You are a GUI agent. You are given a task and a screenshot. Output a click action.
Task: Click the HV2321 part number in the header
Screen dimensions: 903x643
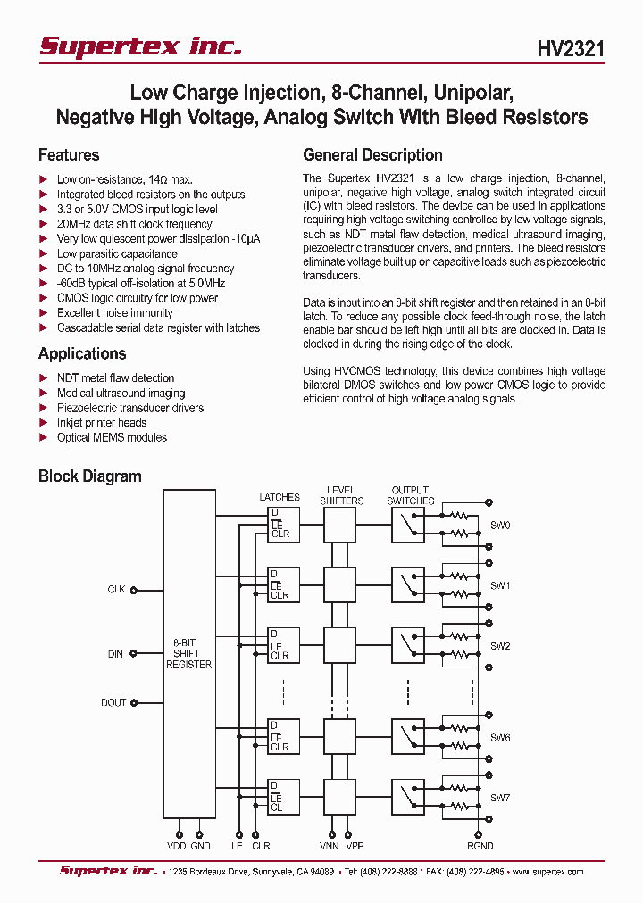pos(571,48)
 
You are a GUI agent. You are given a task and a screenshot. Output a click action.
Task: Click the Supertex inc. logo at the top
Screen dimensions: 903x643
pos(140,46)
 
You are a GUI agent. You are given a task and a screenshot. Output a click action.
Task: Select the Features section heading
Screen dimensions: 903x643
pos(69,154)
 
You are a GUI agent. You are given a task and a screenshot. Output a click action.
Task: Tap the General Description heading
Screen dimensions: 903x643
pos(372,154)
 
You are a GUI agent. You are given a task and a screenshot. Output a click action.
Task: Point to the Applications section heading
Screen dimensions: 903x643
pos(81,353)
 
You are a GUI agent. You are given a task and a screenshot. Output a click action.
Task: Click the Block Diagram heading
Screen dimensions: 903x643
pos(89,476)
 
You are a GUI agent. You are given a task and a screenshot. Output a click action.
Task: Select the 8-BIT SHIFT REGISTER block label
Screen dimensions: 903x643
pos(188,653)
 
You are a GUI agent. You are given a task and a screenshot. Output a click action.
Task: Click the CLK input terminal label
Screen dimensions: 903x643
pos(115,590)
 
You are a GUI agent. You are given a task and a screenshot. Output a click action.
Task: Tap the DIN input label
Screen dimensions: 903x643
pos(115,654)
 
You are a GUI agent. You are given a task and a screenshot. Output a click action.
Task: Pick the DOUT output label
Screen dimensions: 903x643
pos(113,702)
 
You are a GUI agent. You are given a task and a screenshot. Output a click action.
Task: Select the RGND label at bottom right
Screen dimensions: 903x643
pos(480,846)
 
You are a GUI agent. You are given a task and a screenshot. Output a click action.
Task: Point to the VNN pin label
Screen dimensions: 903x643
pos(329,846)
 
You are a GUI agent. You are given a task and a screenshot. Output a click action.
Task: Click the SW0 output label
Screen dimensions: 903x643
pos(499,526)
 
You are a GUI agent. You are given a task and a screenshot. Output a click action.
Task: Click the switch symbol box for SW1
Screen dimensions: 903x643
pos(407,585)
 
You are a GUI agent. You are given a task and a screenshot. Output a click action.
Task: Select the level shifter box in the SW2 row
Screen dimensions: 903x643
pos(339,642)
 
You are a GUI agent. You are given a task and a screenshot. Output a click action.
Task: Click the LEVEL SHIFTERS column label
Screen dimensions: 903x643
pos(341,495)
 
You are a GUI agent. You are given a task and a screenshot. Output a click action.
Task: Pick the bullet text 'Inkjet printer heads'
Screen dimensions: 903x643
pos(101,422)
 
